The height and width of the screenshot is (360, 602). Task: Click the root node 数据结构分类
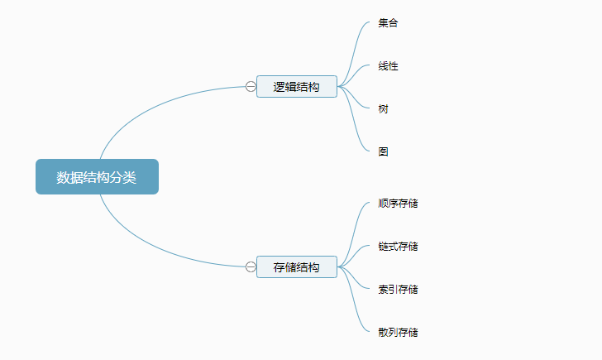(x=97, y=177)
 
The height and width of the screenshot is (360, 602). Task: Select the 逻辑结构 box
(x=296, y=86)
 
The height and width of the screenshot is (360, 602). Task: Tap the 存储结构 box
(x=296, y=266)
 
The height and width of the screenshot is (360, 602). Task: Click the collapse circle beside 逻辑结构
(x=251, y=86)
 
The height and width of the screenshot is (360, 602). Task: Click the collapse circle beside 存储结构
(x=251, y=266)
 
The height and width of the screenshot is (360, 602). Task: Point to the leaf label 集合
(x=388, y=23)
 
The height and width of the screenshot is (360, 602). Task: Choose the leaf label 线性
(x=388, y=66)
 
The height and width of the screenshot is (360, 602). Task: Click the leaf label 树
(x=383, y=109)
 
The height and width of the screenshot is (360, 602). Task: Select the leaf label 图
(x=383, y=152)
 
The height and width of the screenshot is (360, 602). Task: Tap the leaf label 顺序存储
(x=398, y=204)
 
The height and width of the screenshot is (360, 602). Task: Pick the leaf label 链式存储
(x=398, y=247)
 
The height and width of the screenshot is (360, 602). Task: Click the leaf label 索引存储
(x=398, y=290)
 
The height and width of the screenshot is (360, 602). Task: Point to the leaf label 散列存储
(x=398, y=333)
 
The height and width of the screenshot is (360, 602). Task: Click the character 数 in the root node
(x=63, y=177)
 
